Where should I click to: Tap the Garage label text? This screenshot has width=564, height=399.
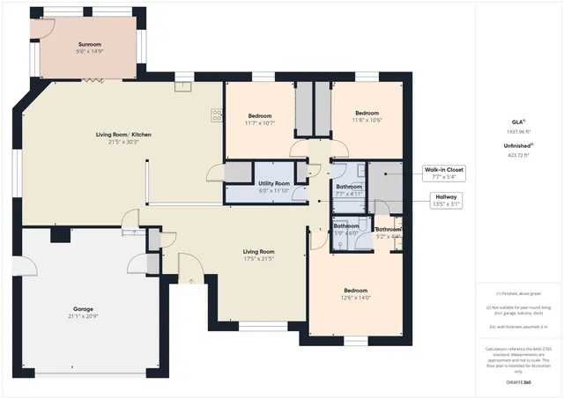pos(85,311)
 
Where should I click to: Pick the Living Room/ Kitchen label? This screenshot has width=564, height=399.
pos(123,134)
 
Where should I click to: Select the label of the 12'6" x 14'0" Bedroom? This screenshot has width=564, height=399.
pos(356,291)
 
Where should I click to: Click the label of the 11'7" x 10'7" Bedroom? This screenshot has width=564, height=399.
pos(259,116)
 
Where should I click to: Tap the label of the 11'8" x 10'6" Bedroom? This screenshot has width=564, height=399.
pos(367,113)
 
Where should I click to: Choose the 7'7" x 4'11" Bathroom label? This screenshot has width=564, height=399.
pos(350,187)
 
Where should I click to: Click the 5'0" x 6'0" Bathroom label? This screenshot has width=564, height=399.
pos(345,226)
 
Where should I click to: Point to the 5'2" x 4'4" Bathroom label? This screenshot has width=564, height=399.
pos(388,229)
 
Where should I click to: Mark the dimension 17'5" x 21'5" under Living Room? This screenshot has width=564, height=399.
pos(259,260)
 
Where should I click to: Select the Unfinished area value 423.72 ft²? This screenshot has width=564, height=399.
pos(519,154)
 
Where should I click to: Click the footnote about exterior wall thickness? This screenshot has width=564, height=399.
pos(519,327)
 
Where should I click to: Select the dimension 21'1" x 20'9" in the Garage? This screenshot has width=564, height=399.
pos(85,318)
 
